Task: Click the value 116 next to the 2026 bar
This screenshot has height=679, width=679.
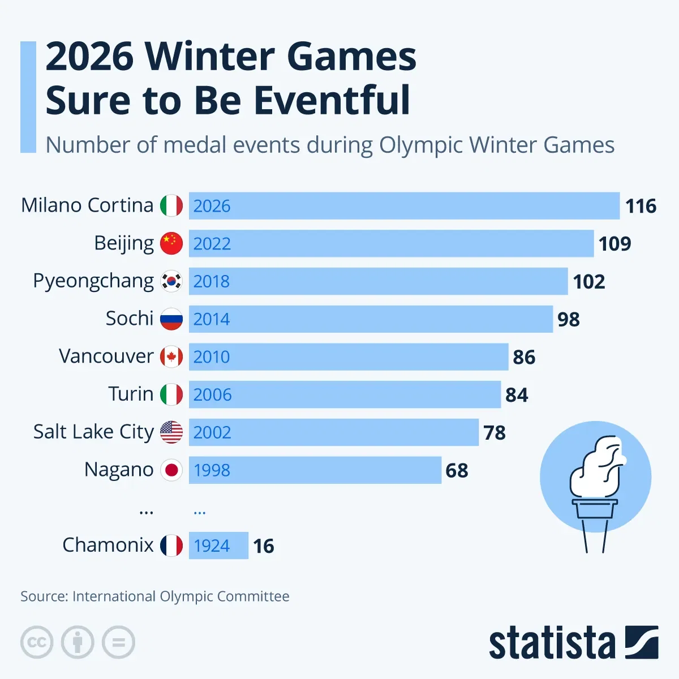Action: [641, 206]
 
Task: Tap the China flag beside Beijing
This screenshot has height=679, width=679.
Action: [171, 243]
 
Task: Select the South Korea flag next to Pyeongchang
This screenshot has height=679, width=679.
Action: [171, 281]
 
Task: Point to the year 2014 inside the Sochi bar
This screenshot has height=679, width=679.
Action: [212, 319]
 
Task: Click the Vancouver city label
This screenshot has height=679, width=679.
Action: [106, 356]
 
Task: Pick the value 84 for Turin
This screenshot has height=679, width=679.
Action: [517, 395]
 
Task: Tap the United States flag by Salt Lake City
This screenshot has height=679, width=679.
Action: [171, 432]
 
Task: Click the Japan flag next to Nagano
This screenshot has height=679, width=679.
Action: [171, 470]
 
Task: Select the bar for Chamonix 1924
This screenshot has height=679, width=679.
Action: [218, 545]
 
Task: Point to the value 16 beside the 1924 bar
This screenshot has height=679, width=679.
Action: [264, 546]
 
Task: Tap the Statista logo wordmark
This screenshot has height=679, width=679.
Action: [552, 643]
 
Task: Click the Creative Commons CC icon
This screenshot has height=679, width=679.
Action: [37, 642]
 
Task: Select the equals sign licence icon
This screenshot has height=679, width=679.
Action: [118, 642]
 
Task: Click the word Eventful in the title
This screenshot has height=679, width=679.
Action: [332, 100]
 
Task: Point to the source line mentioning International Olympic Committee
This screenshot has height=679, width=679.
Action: [154, 596]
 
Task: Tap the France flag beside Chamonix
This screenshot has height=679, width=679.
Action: [171, 545]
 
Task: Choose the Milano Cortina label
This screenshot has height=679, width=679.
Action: [87, 205]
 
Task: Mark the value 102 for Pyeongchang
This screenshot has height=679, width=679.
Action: [589, 282]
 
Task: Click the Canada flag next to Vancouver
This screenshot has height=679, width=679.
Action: [171, 357]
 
